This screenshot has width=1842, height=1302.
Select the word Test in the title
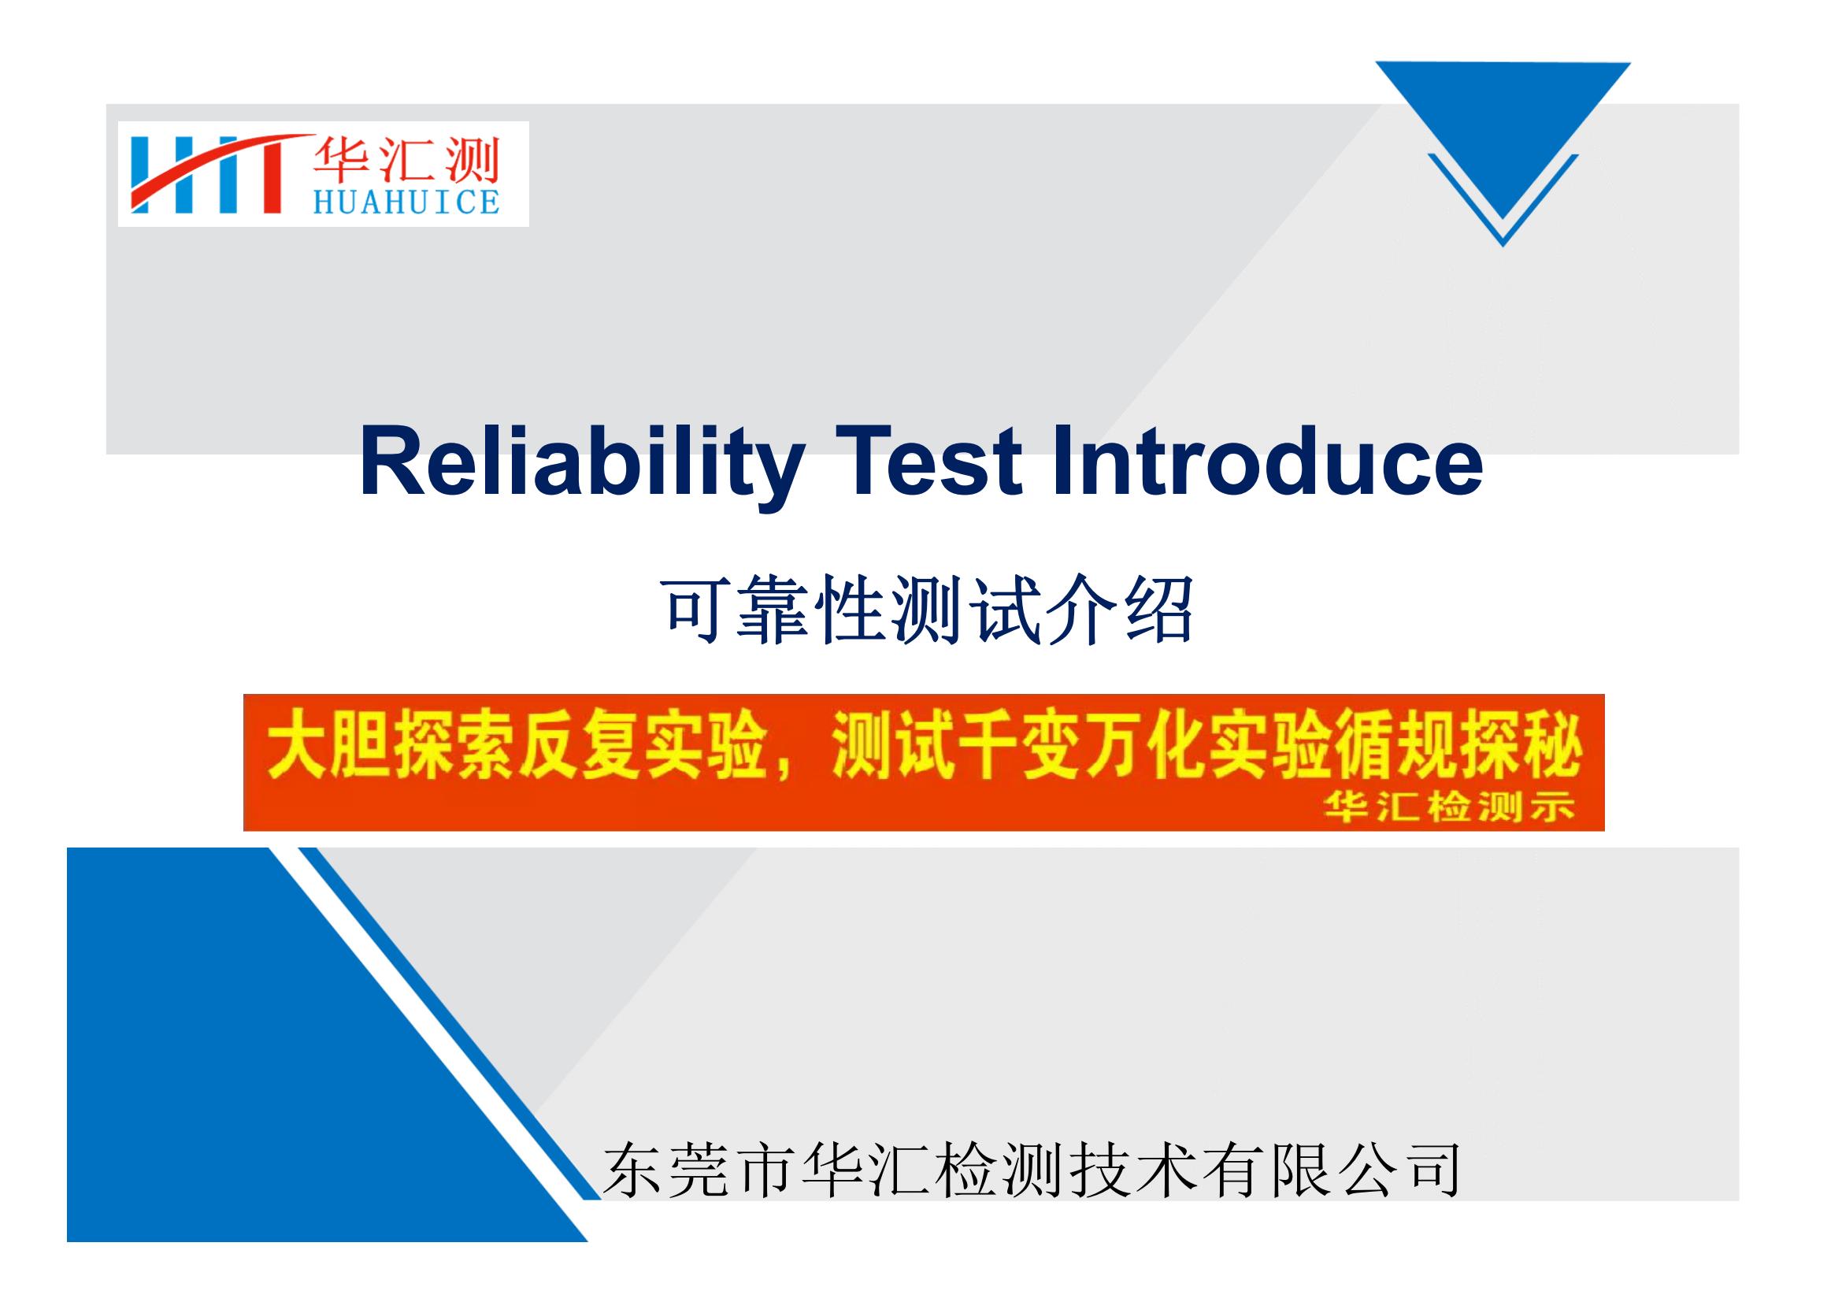tap(929, 463)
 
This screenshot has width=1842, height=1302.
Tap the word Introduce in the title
tap(1267, 462)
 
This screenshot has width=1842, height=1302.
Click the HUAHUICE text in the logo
tap(406, 202)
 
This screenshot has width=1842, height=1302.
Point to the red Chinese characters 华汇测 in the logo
tap(406, 160)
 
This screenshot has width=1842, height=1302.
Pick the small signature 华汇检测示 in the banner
tap(1449, 808)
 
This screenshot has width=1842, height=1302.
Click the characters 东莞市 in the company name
tap(697, 1171)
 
